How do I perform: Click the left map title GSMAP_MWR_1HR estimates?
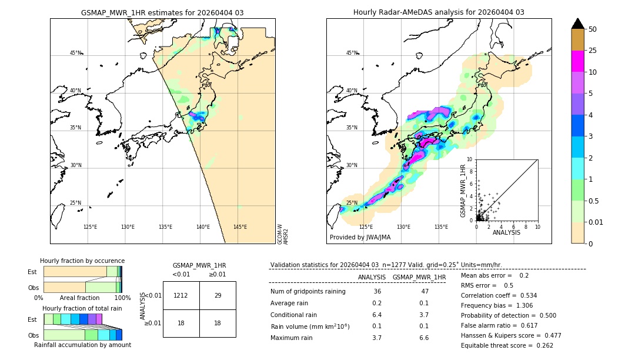coord(162,12)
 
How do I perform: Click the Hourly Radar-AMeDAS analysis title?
coord(439,12)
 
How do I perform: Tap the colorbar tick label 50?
coord(593,29)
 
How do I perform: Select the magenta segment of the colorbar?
coord(578,61)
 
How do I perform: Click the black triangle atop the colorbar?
coord(578,24)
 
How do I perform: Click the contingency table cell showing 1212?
coord(181,295)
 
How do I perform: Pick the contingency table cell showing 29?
coord(218,295)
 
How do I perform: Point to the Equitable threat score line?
coord(507,345)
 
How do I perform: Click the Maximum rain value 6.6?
coord(423,338)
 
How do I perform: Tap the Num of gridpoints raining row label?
coord(308,292)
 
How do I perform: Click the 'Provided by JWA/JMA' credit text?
coord(360,238)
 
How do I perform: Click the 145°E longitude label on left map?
coord(240,227)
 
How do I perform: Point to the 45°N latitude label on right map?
coord(352,53)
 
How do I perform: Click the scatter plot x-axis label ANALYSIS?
coord(506,232)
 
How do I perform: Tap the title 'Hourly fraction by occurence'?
coord(82,261)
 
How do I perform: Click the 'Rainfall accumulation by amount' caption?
coord(82,345)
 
